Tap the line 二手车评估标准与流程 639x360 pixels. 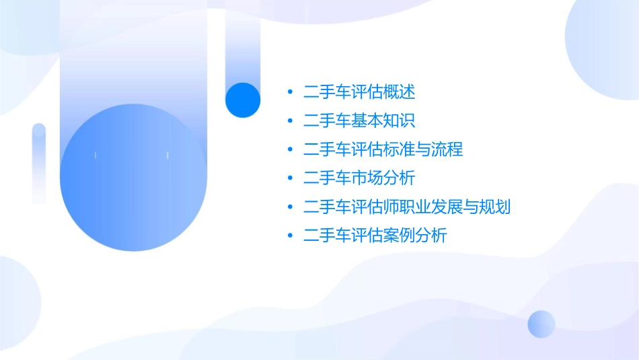[383, 149]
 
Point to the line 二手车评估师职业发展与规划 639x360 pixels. [407, 207]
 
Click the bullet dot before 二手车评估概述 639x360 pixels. [290, 92]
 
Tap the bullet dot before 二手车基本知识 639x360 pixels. [290, 121]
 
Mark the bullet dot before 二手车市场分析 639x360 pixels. [290, 178]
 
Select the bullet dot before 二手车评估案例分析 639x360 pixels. [290, 236]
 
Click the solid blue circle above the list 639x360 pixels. [243, 100]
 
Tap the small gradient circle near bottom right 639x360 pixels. [541, 324]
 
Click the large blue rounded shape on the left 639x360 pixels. [133, 178]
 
